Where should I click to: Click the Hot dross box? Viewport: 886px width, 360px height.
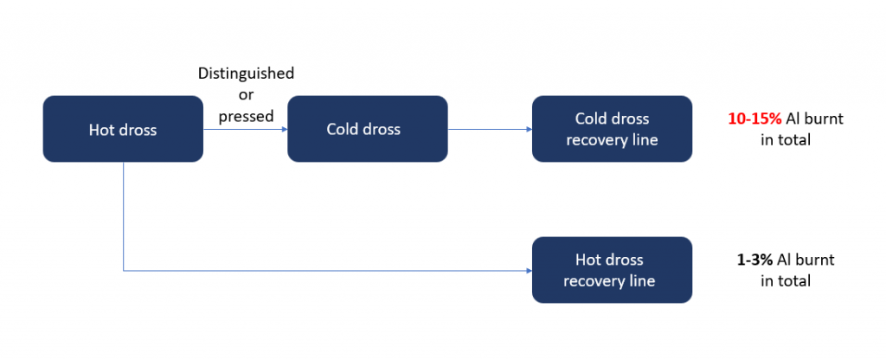coord(123,130)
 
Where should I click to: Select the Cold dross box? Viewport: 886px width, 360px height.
coord(367,130)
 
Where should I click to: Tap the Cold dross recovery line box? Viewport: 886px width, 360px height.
coord(612,129)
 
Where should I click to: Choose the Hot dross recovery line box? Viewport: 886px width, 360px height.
coord(612,270)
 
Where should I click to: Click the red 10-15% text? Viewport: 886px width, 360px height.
coord(755,119)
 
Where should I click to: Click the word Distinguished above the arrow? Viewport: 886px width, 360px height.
coord(246,74)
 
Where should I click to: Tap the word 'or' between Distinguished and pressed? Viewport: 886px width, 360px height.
coord(246,94)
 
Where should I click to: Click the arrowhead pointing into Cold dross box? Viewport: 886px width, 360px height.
coord(283,130)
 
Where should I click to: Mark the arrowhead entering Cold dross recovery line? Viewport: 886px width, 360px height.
coord(528,130)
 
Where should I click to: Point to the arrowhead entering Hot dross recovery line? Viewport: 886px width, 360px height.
coord(528,271)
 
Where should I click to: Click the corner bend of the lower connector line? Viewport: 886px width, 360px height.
coord(124,271)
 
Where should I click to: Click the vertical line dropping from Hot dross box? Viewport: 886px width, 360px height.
coord(124,216)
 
